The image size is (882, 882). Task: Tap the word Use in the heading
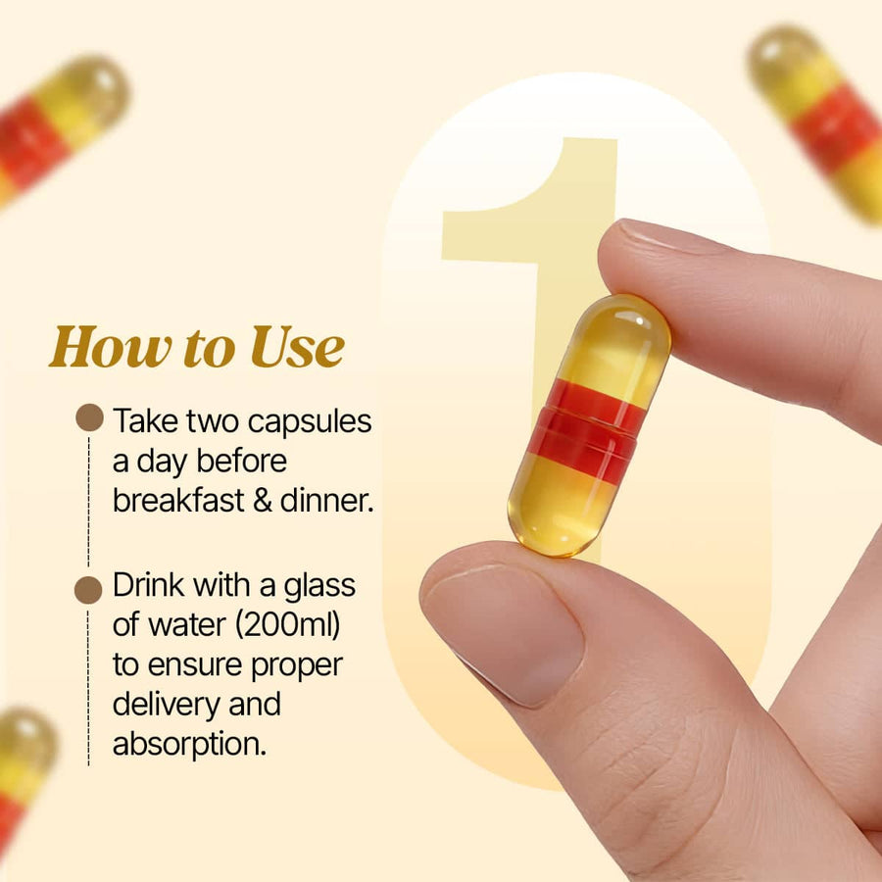coord(297,347)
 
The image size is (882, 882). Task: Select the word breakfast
coord(179,500)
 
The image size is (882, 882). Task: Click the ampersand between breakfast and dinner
coord(263,501)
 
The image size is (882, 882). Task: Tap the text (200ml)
coord(288,625)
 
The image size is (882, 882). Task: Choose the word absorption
coord(189,745)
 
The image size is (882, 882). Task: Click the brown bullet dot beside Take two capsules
coord(89,417)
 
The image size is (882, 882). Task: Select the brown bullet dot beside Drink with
coord(88,590)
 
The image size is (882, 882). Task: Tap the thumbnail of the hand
coord(504,632)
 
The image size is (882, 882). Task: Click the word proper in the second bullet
coord(296,666)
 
